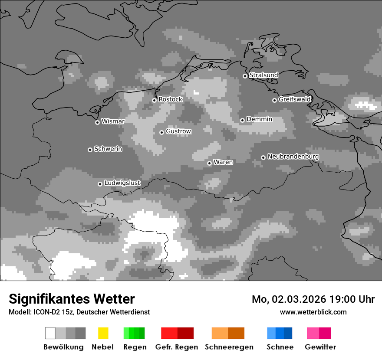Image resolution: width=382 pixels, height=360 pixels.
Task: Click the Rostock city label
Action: point(170,99)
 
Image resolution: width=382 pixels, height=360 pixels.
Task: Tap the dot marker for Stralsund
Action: point(245,76)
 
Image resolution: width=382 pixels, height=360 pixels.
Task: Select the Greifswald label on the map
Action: point(294,99)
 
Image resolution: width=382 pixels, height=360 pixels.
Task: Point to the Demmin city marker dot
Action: point(242,120)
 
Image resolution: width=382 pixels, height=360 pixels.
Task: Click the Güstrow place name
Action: point(178,131)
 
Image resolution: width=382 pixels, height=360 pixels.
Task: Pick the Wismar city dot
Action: point(97,122)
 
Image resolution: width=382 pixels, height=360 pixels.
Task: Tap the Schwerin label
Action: point(108,149)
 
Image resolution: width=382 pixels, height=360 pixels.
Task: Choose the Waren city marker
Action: point(209,163)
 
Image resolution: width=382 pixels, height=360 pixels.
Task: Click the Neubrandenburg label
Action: point(293,157)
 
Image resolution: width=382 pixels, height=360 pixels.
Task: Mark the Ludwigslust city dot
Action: point(100,184)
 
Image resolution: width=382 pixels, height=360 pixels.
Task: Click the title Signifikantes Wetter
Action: point(72,299)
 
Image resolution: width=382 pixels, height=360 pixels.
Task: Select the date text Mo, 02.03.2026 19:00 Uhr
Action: point(313,299)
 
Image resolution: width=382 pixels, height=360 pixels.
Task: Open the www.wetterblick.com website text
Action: point(313,312)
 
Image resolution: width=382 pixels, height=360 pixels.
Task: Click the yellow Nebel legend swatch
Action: point(103,333)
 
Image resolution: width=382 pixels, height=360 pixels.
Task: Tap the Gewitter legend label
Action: point(320,347)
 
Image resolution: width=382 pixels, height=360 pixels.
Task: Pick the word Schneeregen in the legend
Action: point(229,347)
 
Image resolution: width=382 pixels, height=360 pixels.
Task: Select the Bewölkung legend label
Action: point(63,347)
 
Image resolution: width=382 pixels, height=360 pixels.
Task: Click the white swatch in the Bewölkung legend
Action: point(50,333)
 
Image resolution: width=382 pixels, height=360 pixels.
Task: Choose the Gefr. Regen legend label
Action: point(176,347)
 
